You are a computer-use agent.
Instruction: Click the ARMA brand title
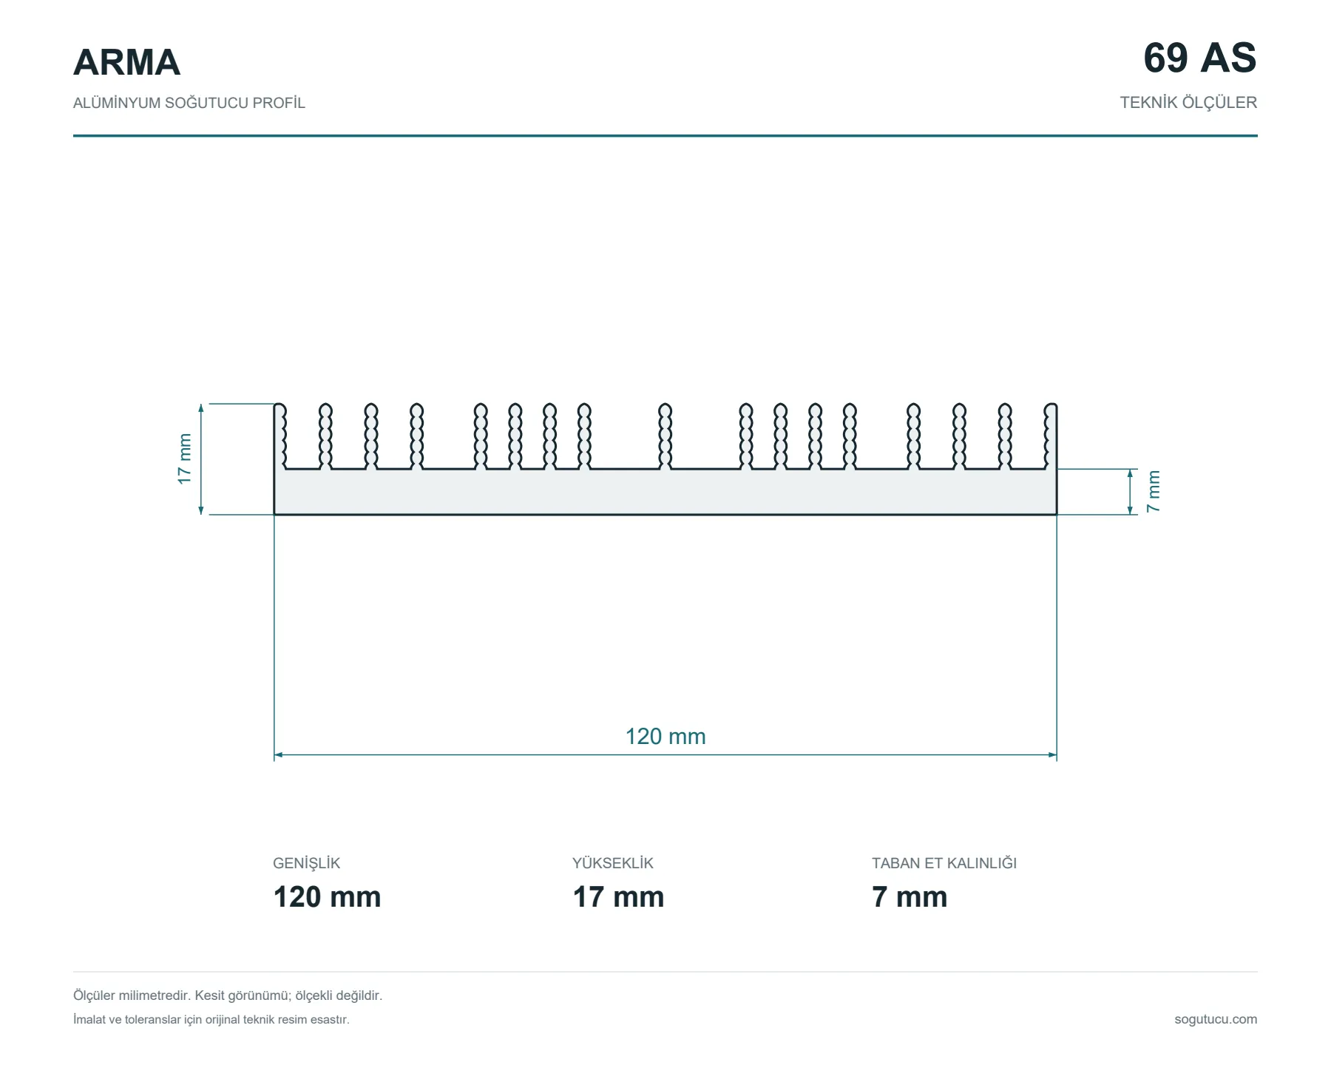click(126, 62)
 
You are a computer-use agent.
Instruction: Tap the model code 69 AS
click(1199, 58)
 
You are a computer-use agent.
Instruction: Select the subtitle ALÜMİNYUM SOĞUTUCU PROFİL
click(189, 103)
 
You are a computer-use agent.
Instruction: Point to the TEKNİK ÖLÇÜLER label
click(1188, 103)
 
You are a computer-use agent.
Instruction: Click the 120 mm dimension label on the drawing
click(665, 737)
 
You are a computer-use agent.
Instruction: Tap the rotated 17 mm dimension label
click(184, 459)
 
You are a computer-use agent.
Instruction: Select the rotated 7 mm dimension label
click(1154, 491)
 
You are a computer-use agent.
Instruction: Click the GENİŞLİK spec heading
click(306, 863)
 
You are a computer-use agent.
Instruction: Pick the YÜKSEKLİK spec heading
click(613, 863)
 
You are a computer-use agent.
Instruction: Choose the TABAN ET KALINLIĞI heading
click(944, 863)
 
